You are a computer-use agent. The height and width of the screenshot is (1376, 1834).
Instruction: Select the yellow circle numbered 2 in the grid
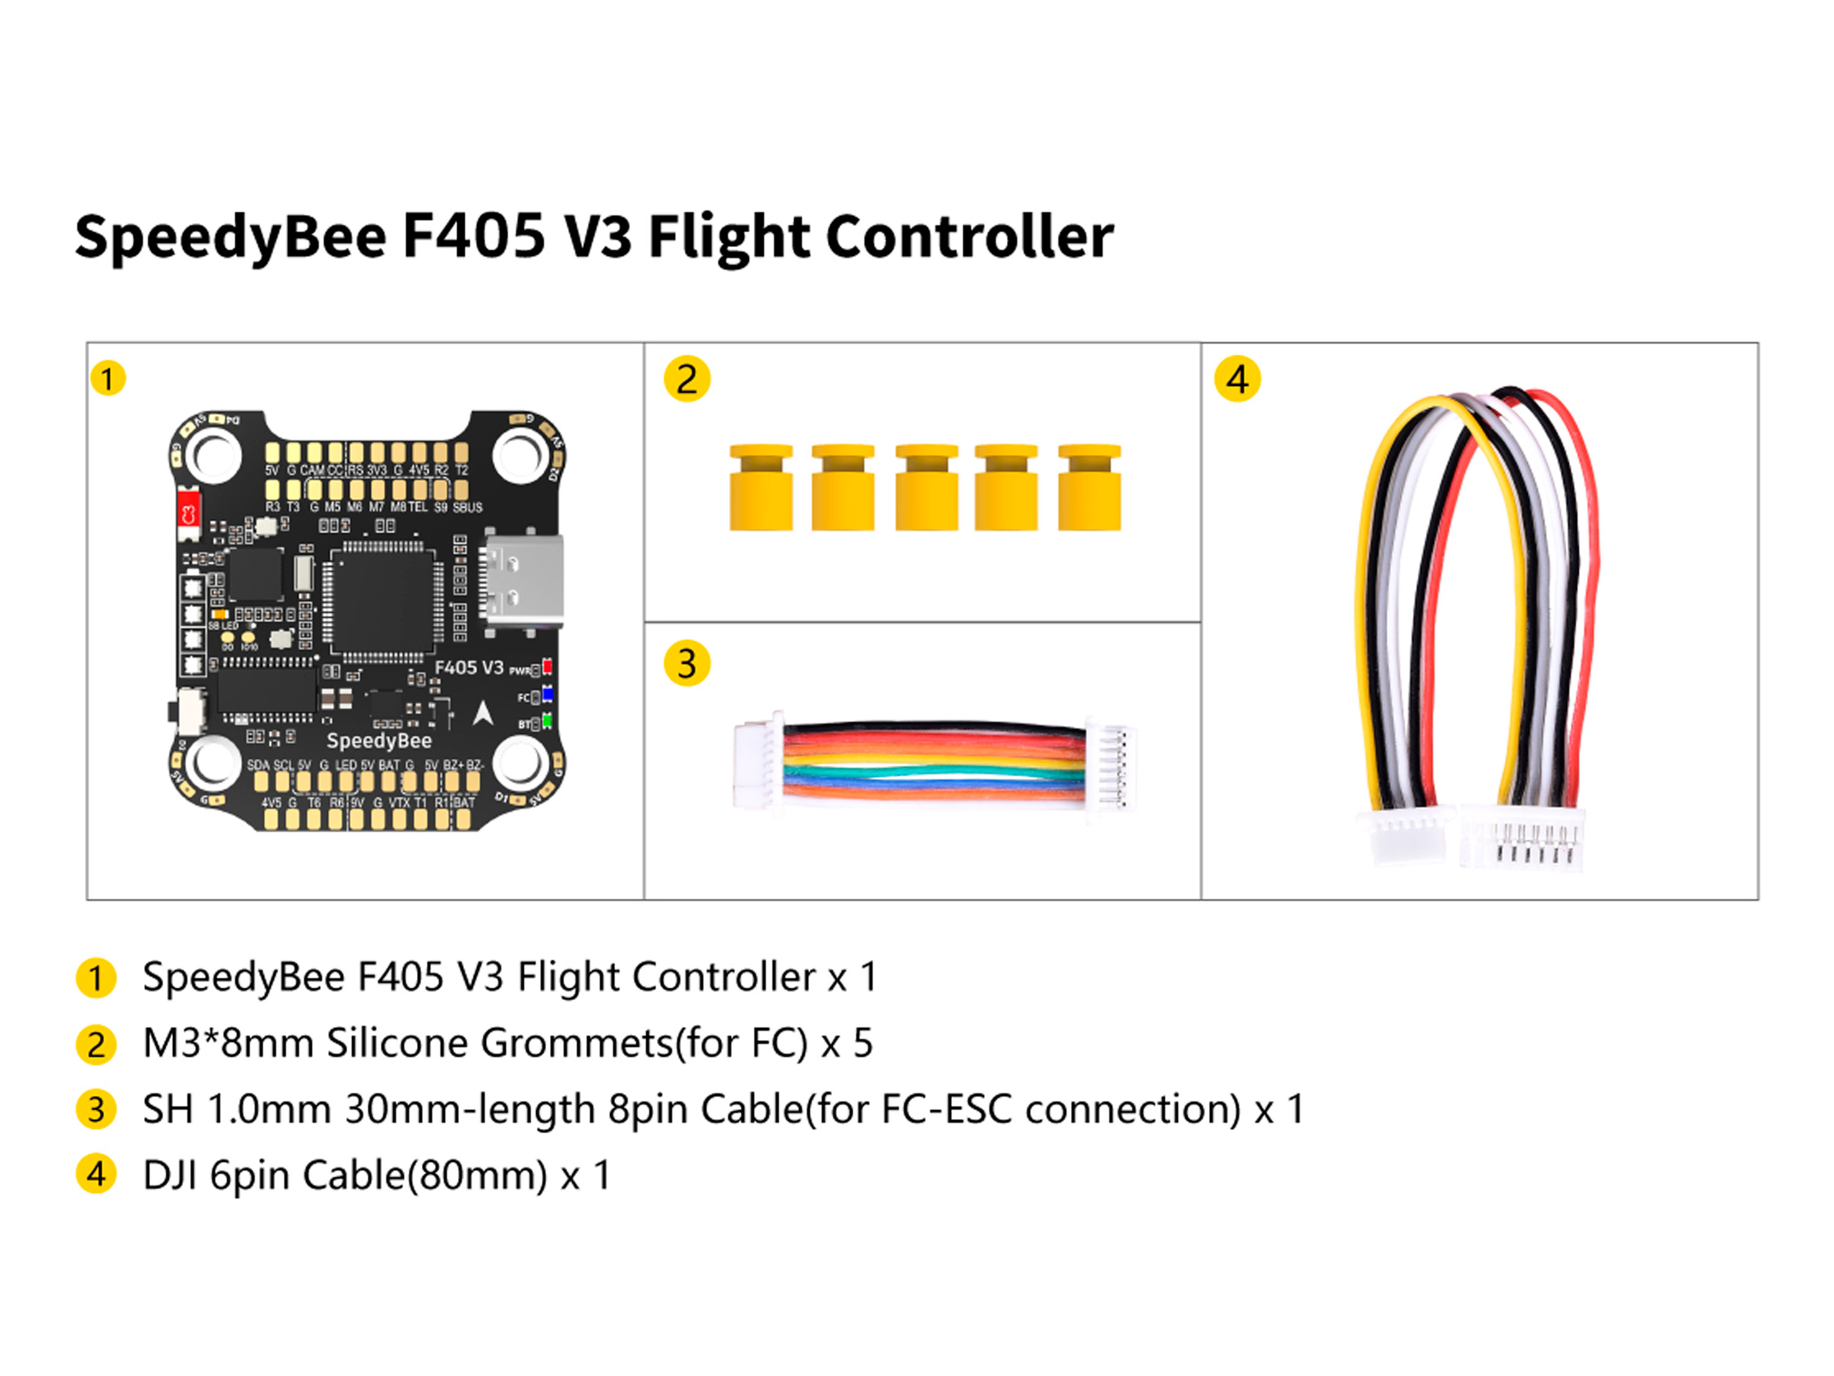pyautogui.click(x=687, y=379)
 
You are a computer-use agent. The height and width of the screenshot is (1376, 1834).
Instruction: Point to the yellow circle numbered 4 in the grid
pyautogui.click(x=1237, y=379)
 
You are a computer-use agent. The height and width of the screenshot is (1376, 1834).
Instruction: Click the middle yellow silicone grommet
pyautogui.click(x=926, y=487)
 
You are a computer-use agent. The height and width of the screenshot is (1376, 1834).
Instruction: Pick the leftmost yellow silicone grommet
pyautogui.click(x=760, y=487)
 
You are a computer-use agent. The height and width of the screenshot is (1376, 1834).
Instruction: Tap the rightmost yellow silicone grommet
pyautogui.click(x=1089, y=487)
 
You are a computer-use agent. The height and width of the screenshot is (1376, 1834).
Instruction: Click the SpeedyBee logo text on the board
pyautogui.click(x=379, y=741)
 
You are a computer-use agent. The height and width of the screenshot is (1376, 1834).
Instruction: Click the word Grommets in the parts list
pyautogui.click(x=576, y=1043)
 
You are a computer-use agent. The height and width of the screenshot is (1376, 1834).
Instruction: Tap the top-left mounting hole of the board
pyautogui.click(x=214, y=454)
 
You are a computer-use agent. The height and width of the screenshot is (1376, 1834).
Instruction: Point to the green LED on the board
pyautogui.click(x=547, y=722)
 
